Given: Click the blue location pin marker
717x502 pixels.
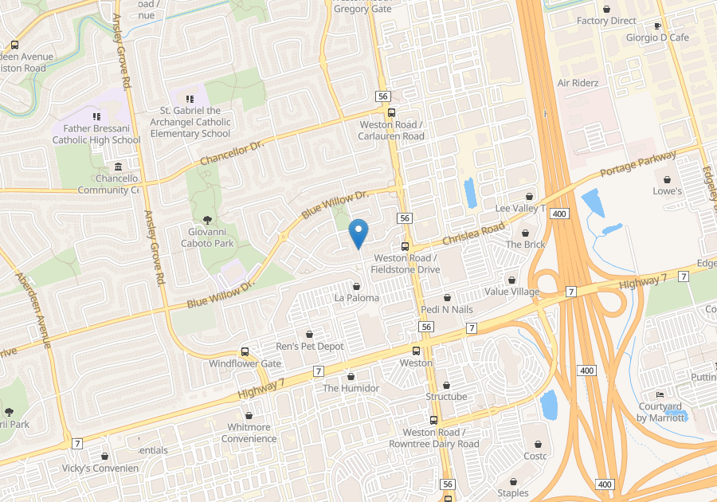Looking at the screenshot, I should [358, 233].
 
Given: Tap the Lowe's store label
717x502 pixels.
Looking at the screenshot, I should [667, 191].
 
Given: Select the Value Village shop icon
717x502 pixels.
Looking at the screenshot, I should [511, 280].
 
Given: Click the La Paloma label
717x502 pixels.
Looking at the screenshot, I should [356, 298].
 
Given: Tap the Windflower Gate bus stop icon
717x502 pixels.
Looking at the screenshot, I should [245, 352].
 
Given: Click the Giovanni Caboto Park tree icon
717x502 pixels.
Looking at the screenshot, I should [208, 220].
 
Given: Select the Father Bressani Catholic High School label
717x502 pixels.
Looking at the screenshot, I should [96, 134].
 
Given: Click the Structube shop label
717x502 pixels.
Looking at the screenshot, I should [446, 396].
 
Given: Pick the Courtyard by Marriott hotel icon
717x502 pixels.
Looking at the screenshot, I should [659, 396].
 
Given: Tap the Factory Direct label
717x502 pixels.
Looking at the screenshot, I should [606, 21].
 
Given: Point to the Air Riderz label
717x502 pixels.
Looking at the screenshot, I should [578, 83].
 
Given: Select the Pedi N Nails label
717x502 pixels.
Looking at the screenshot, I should [447, 308].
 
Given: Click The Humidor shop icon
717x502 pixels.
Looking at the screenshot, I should [351, 376].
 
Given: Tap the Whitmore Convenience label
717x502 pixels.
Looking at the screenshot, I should [249, 433].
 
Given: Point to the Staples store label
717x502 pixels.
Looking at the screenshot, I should [513, 492].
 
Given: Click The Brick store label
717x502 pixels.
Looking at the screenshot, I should [525, 245].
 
